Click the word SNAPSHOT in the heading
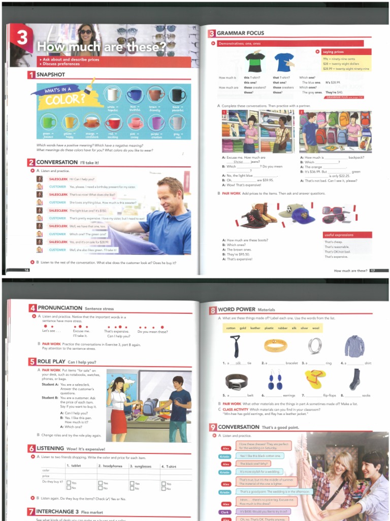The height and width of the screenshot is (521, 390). [x=51, y=75]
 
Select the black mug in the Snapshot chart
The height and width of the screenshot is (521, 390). [x=177, y=95]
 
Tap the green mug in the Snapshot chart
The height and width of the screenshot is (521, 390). [x=49, y=122]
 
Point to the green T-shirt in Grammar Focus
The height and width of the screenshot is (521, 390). [x=255, y=63]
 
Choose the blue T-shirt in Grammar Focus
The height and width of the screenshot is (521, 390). [x=284, y=62]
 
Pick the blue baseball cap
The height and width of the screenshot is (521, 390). [x=303, y=215]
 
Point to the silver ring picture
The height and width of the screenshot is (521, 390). [x=315, y=346]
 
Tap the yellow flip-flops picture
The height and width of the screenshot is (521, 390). [x=315, y=379]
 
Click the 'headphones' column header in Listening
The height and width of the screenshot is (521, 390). [x=111, y=466]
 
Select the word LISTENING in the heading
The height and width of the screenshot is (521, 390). [x=50, y=448]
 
